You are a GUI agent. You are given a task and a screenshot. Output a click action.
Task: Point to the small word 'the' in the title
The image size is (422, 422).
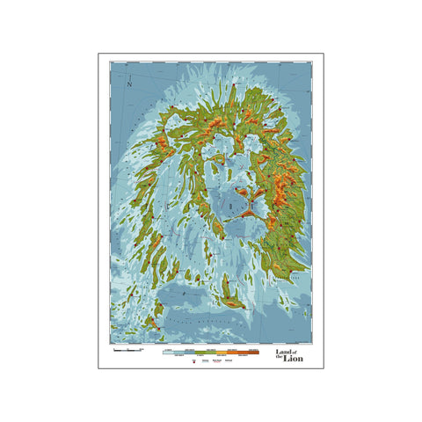(x=277, y=357)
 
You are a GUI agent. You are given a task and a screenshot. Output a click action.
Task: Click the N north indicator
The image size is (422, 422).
(x=129, y=84)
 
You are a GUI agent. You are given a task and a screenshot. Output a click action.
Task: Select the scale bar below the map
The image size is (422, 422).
(x=127, y=350)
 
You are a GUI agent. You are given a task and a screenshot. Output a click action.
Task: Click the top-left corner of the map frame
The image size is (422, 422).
(x=111, y=62)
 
